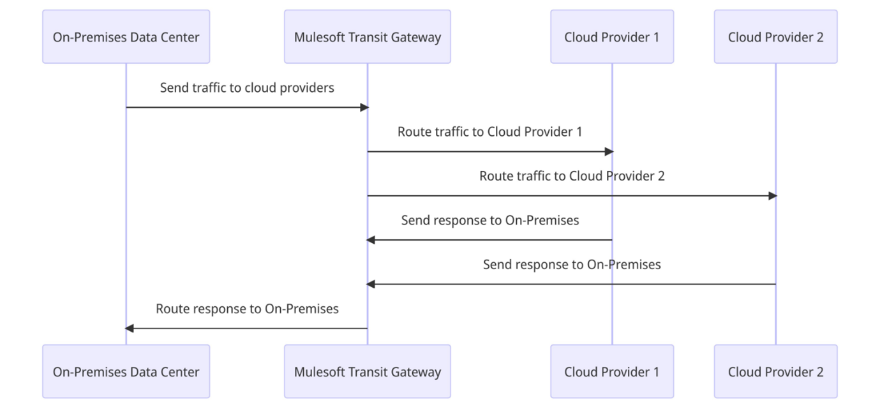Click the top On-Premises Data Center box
(126, 37)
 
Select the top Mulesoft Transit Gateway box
(367, 37)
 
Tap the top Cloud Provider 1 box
(611, 37)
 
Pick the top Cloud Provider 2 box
(775, 37)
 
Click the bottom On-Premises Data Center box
(126, 372)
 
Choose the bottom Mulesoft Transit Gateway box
(367, 372)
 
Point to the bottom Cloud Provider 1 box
(611, 372)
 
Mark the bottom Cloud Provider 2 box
(775, 372)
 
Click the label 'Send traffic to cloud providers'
(247, 88)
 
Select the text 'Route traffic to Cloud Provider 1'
(489, 132)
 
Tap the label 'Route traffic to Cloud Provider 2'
(572, 176)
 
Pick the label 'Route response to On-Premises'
(247, 309)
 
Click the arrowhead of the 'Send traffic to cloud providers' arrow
(364, 107)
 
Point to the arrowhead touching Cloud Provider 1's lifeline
(609, 152)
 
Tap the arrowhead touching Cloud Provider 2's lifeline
(772, 196)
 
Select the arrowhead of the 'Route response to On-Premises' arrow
(129, 329)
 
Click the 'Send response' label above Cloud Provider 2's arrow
(572, 264)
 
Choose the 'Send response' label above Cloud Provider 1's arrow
(489, 221)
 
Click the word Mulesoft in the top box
(318, 37)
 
